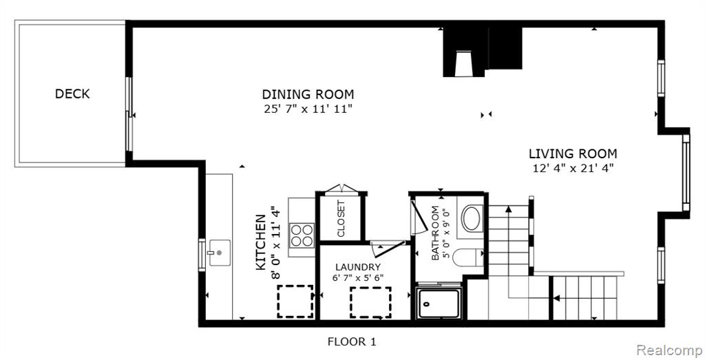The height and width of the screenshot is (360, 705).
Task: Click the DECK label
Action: pos(72,94)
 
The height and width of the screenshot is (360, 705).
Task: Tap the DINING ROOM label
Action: pos(308,94)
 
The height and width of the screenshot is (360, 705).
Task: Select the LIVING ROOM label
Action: pos(573,153)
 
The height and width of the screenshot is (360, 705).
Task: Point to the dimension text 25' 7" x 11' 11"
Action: pos(308,109)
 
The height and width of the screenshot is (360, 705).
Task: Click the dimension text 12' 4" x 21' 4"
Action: pos(572,169)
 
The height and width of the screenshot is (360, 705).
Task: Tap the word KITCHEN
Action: pos(260,243)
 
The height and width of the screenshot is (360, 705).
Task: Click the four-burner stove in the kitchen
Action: pos(302,235)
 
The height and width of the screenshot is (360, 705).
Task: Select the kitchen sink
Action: pos(219,253)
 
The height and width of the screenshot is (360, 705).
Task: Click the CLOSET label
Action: pos(341,219)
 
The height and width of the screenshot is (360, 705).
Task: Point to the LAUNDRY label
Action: pos(358,267)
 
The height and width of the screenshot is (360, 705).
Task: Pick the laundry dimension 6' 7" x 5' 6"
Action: pos(358,278)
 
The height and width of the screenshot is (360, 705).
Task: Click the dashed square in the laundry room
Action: pos(370,302)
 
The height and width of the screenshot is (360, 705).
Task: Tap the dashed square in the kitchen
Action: pos(295,301)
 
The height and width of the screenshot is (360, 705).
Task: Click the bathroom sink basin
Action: pos(472,218)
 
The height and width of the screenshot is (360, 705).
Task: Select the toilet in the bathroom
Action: pos(467,258)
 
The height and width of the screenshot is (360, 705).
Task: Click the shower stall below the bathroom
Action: pos(439,304)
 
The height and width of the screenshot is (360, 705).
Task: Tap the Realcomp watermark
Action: pos(669,350)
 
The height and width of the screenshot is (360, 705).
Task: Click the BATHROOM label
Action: pos(435,233)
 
